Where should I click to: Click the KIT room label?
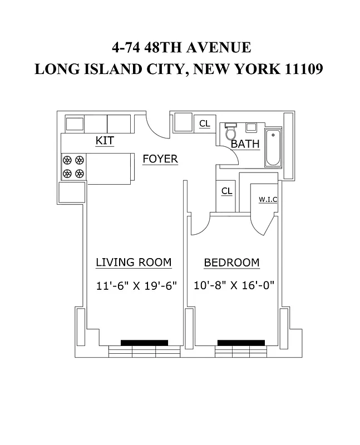click(x=105, y=141)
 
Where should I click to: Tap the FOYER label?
click(x=160, y=159)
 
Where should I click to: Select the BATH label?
click(x=245, y=144)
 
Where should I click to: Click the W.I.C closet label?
click(x=268, y=199)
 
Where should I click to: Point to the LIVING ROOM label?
click(x=134, y=263)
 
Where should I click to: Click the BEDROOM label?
click(x=231, y=263)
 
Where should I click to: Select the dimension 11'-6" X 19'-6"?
click(x=136, y=286)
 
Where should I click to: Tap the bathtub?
click(x=273, y=148)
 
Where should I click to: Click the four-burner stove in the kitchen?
click(x=73, y=166)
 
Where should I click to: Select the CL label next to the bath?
click(x=205, y=123)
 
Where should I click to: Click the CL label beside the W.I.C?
click(x=226, y=191)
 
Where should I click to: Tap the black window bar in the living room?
click(x=144, y=343)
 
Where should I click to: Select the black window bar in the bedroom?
click(x=241, y=343)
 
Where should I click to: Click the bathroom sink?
click(x=251, y=127)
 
